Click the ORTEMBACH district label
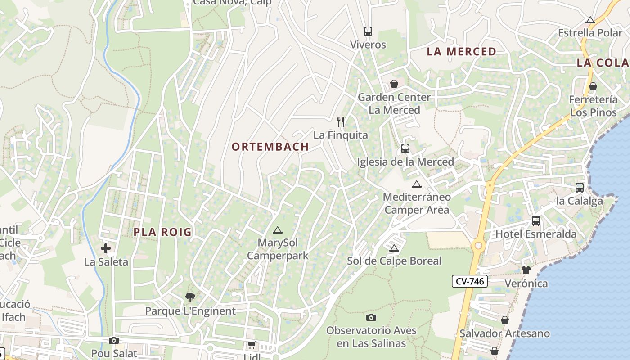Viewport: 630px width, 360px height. pyautogui.click(x=270, y=147)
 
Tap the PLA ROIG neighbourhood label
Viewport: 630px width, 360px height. pyautogui.click(x=162, y=232)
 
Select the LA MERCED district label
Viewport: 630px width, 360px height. pyautogui.click(x=461, y=52)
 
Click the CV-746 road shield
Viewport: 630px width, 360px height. pyautogui.click(x=470, y=282)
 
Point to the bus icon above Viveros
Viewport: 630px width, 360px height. pyautogui.click(x=368, y=31)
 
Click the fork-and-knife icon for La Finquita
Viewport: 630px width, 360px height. pyautogui.click(x=341, y=121)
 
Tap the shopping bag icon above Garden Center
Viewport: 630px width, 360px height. pyautogui.click(x=394, y=84)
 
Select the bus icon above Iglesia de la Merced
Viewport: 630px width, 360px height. pyautogui.click(x=405, y=148)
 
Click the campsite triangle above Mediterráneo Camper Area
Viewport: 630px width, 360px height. pyautogui.click(x=417, y=184)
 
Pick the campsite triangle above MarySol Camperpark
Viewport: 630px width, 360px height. pyautogui.click(x=278, y=230)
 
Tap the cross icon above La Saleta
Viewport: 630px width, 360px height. pyautogui.click(x=106, y=248)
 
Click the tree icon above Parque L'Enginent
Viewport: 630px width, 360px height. pyautogui.click(x=190, y=297)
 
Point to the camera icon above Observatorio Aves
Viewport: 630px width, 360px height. pyautogui.click(x=371, y=317)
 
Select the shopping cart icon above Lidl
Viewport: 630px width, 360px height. pyautogui.click(x=252, y=345)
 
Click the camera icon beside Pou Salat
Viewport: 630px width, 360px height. pyautogui.click(x=114, y=341)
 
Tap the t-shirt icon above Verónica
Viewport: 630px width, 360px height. pyautogui.click(x=526, y=270)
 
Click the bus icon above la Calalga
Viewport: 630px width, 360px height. pyautogui.click(x=580, y=188)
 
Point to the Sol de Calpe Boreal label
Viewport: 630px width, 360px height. pyautogui.click(x=394, y=261)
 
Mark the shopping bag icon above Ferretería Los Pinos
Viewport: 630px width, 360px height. pyautogui.click(x=593, y=86)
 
